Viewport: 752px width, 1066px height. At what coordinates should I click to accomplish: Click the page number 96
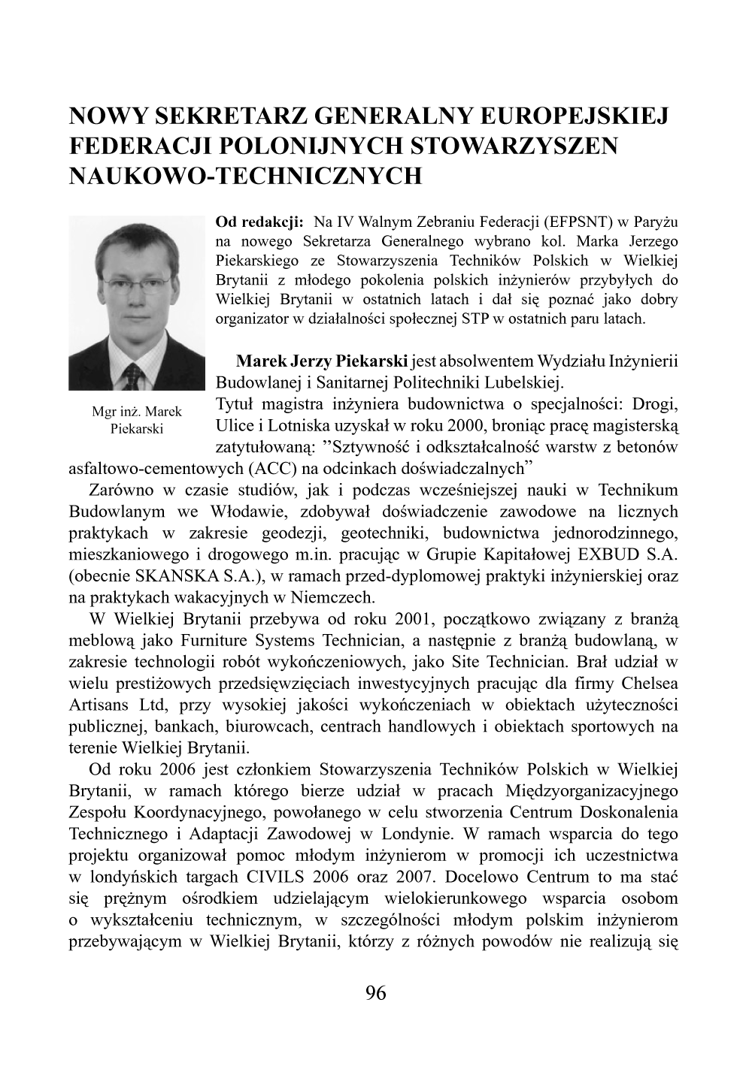(x=375, y=993)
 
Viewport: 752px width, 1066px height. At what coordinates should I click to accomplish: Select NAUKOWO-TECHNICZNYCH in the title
(x=245, y=175)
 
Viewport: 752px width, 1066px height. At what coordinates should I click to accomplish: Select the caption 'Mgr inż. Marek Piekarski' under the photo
(x=136, y=421)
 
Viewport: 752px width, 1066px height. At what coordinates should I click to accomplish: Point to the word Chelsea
(x=650, y=684)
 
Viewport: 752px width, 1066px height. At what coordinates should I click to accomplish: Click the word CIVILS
(x=268, y=877)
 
